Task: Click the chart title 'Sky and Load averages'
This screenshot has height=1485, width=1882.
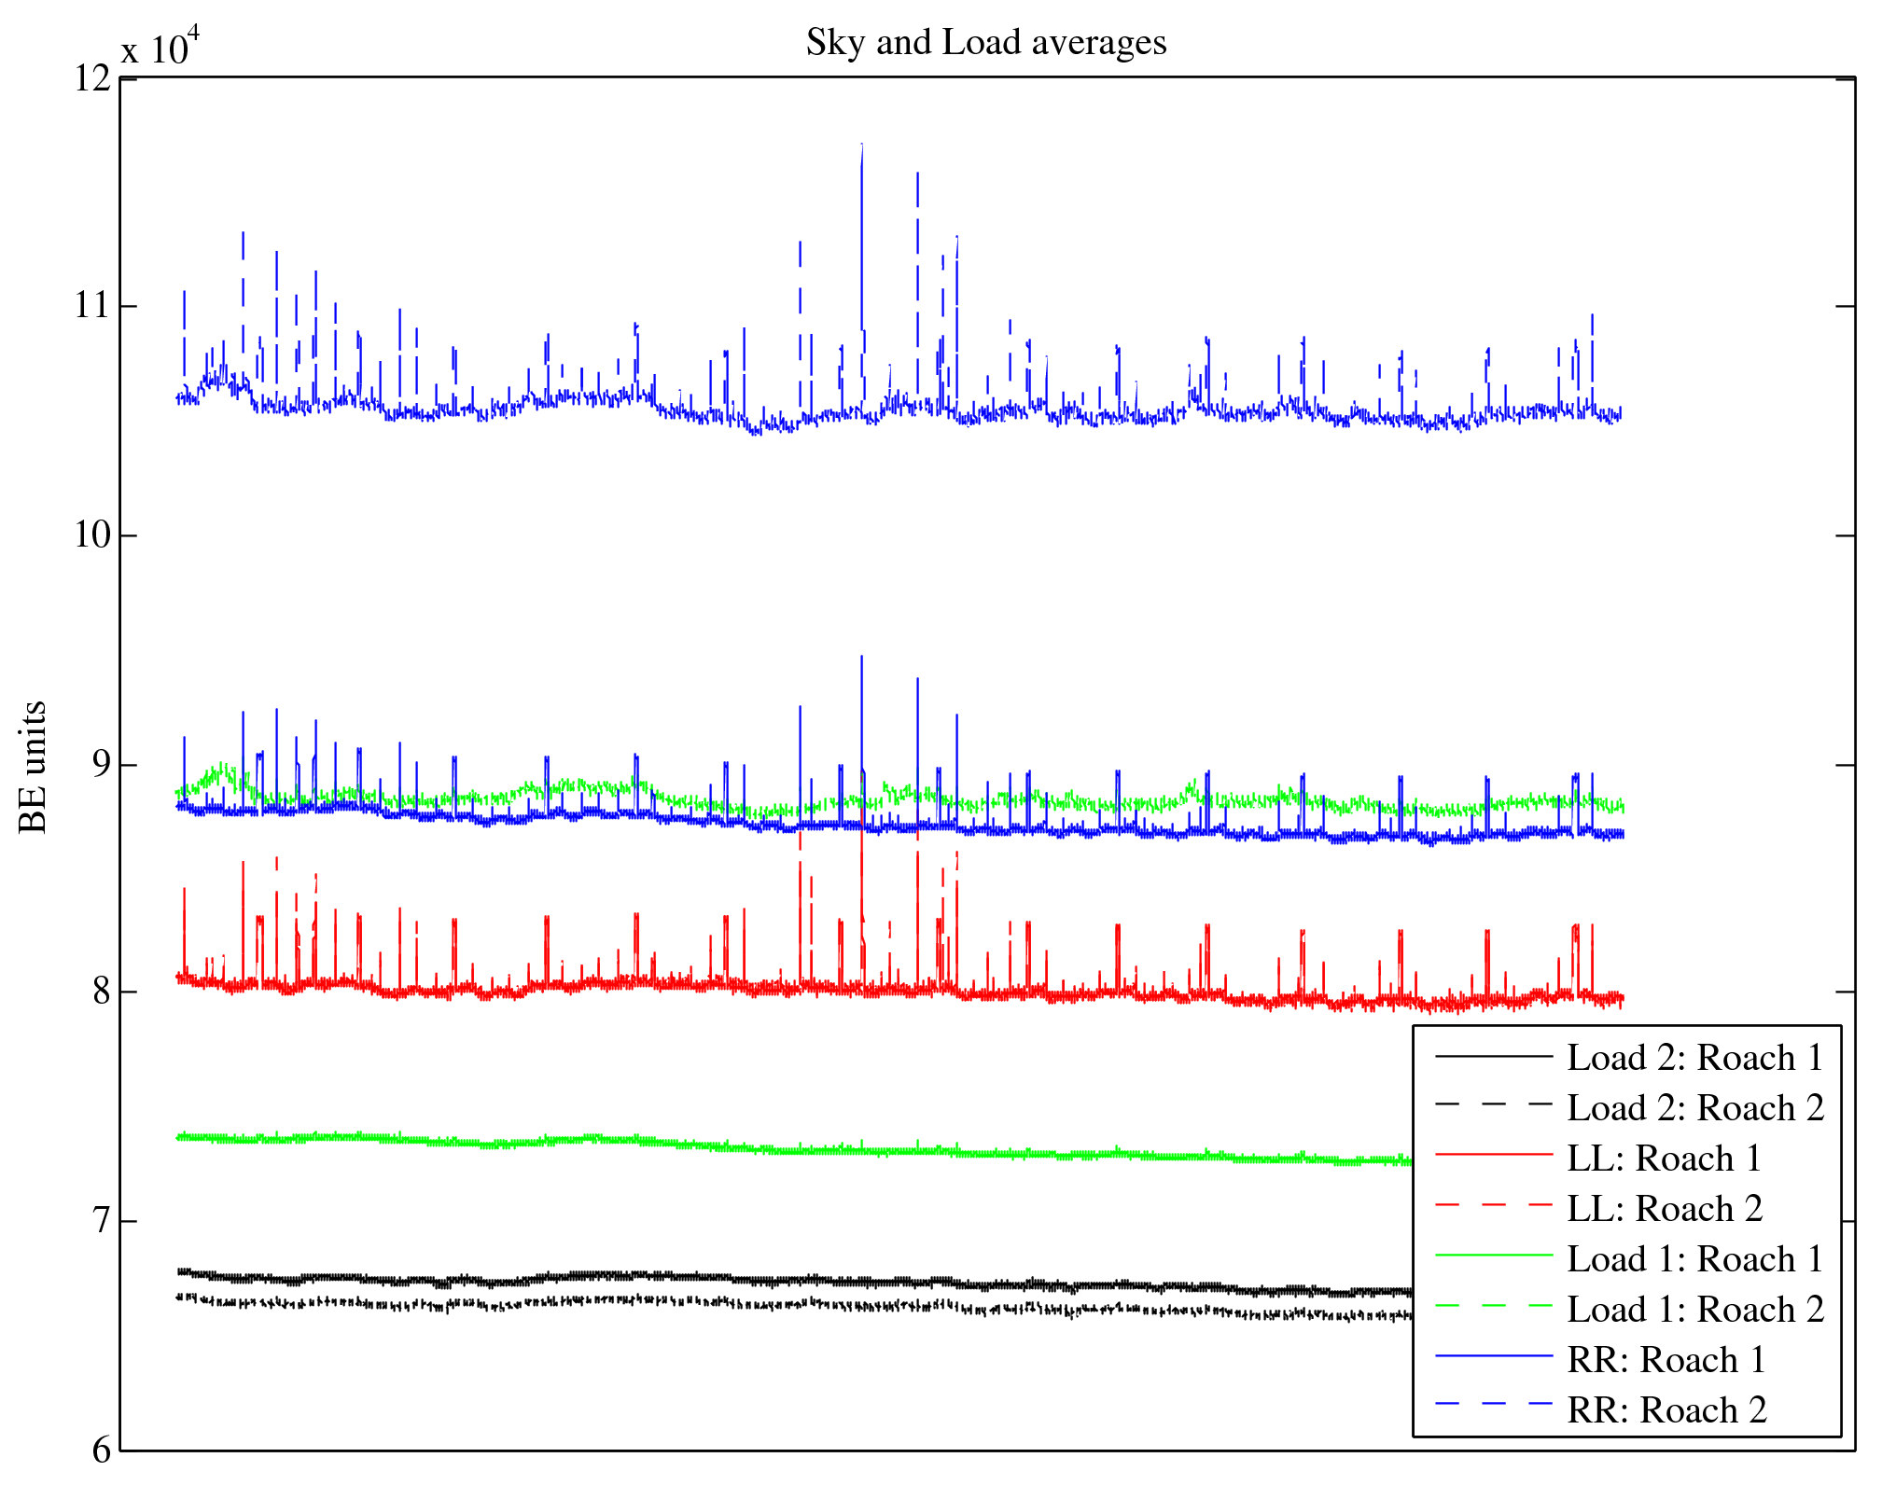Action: click(986, 43)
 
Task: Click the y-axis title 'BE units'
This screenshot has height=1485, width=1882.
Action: click(34, 767)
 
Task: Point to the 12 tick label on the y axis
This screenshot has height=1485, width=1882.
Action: click(92, 78)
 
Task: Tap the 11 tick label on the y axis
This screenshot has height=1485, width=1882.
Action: click(92, 306)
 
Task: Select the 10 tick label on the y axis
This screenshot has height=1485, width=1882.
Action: click(92, 535)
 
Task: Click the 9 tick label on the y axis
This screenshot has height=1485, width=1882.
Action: click(101, 765)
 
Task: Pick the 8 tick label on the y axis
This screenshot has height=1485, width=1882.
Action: click(101, 992)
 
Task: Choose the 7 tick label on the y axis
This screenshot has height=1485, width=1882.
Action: click(101, 1221)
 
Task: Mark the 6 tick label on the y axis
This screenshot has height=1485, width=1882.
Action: click(101, 1450)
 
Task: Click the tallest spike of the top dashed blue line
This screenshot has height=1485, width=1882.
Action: click(861, 146)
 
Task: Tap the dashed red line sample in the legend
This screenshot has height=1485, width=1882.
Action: click(1493, 1205)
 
